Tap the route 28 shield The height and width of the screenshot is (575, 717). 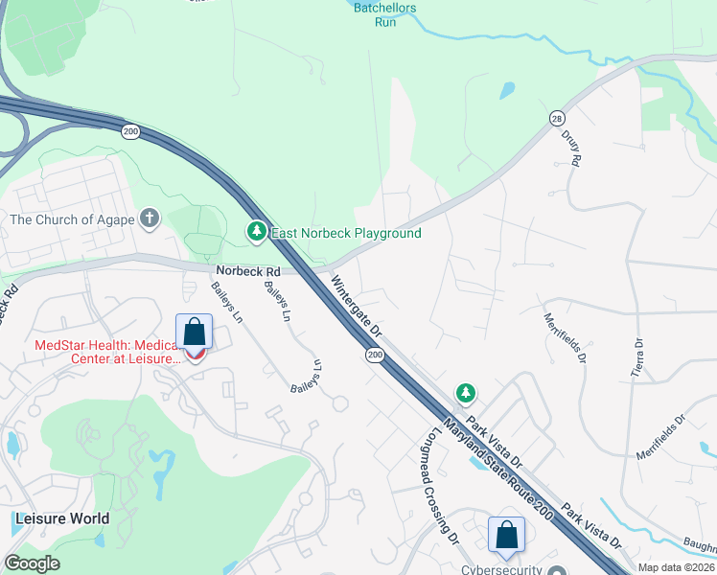557,117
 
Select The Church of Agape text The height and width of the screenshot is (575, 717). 73,219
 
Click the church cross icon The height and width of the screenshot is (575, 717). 149,219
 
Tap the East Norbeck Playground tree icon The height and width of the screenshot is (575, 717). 256,232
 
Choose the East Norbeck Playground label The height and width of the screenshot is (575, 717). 346,233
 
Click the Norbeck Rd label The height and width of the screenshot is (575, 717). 247,271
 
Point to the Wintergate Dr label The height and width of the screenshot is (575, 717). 357,306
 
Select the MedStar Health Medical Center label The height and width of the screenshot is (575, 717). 106,353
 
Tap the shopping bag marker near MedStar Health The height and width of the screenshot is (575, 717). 195,333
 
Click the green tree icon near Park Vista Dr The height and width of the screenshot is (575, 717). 465,393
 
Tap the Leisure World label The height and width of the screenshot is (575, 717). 61,518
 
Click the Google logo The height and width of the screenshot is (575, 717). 32,563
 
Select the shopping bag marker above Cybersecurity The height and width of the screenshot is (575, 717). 506,535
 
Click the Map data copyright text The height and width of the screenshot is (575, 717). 677,567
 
